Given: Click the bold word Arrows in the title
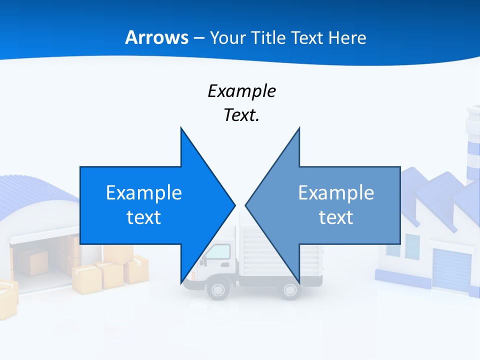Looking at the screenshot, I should pyautogui.click(x=157, y=37).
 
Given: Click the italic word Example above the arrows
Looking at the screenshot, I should pyautogui.click(x=241, y=91).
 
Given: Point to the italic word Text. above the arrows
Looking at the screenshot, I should pyautogui.click(x=241, y=115).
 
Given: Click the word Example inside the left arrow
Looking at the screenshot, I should pyautogui.click(x=144, y=192).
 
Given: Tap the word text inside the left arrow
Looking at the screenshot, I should pyautogui.click(x=144, y=217).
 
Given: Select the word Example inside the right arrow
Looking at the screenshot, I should pyautogui.click(x=336, y=192).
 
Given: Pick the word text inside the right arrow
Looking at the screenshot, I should pyautogui.click(x=336, y=217).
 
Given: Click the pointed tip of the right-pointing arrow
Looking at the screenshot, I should pyautogui.click(x=234, y=204).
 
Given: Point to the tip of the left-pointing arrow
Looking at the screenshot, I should pyautogui.click(x=246, y=204).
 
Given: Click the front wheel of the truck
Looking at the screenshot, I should pyautogui.click(x=218, y=288).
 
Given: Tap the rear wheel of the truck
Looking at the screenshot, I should pyautogui.click(x=290, y=289).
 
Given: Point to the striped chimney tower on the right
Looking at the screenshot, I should pyautogui.click(x=472, y=145).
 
